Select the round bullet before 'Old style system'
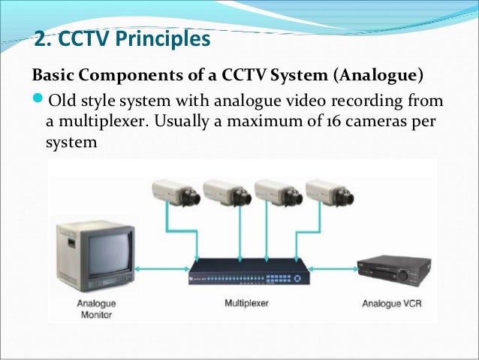pyautogui.click(x=39, y=101)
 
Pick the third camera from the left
pyautogui.click(x=277, y=193)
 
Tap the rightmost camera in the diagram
pyautogui.click(x=328, y=193)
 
